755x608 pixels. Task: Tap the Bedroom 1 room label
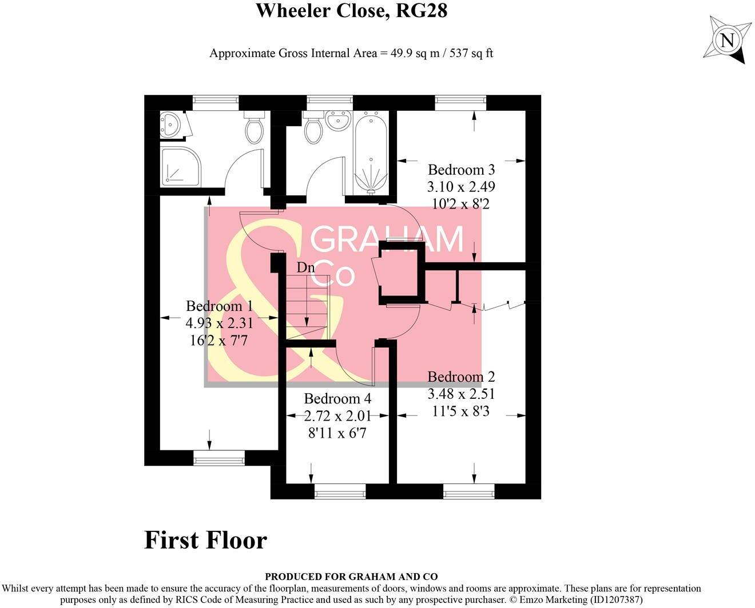coord(219,306)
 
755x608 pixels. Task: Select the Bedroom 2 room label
coord(461,377)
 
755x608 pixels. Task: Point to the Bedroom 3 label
coord(462,170)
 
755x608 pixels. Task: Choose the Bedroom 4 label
coord(337,399)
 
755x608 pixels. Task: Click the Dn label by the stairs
coord(305,267)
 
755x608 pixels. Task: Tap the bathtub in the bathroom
coord(371,153)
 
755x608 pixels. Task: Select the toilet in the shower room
coord(255,127)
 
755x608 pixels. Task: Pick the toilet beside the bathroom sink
coord(313,127)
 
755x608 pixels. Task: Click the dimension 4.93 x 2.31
coord(219,323)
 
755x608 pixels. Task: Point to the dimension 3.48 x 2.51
coord(461,394)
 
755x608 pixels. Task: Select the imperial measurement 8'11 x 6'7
coord(337,433)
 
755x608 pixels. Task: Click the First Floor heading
coord(205,540)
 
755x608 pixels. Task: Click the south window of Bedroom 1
coord(219,459)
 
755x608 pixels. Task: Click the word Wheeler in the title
coord(293,10)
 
